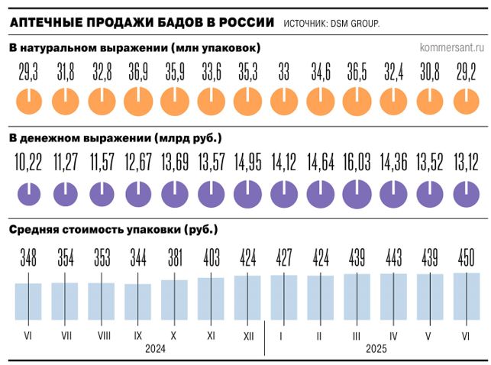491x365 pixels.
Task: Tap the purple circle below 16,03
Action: [x=357, y=192]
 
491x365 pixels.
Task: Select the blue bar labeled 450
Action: [x=466, y=296]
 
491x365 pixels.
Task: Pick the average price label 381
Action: [x=174, y=258]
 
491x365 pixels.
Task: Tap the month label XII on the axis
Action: [x=247, y=334]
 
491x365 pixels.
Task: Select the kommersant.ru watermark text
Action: [x=452, y=47]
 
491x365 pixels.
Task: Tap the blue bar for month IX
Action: [x=138, y=302]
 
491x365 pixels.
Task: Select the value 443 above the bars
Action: [x=393, y=258]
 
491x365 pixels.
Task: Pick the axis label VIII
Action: [x=102, y=334]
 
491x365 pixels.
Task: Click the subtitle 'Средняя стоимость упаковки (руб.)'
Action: [x=113, y=229]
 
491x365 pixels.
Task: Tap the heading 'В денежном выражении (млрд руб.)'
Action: [x=115, y=138]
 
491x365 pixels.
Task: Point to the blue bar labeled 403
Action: [x=211, y=299]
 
